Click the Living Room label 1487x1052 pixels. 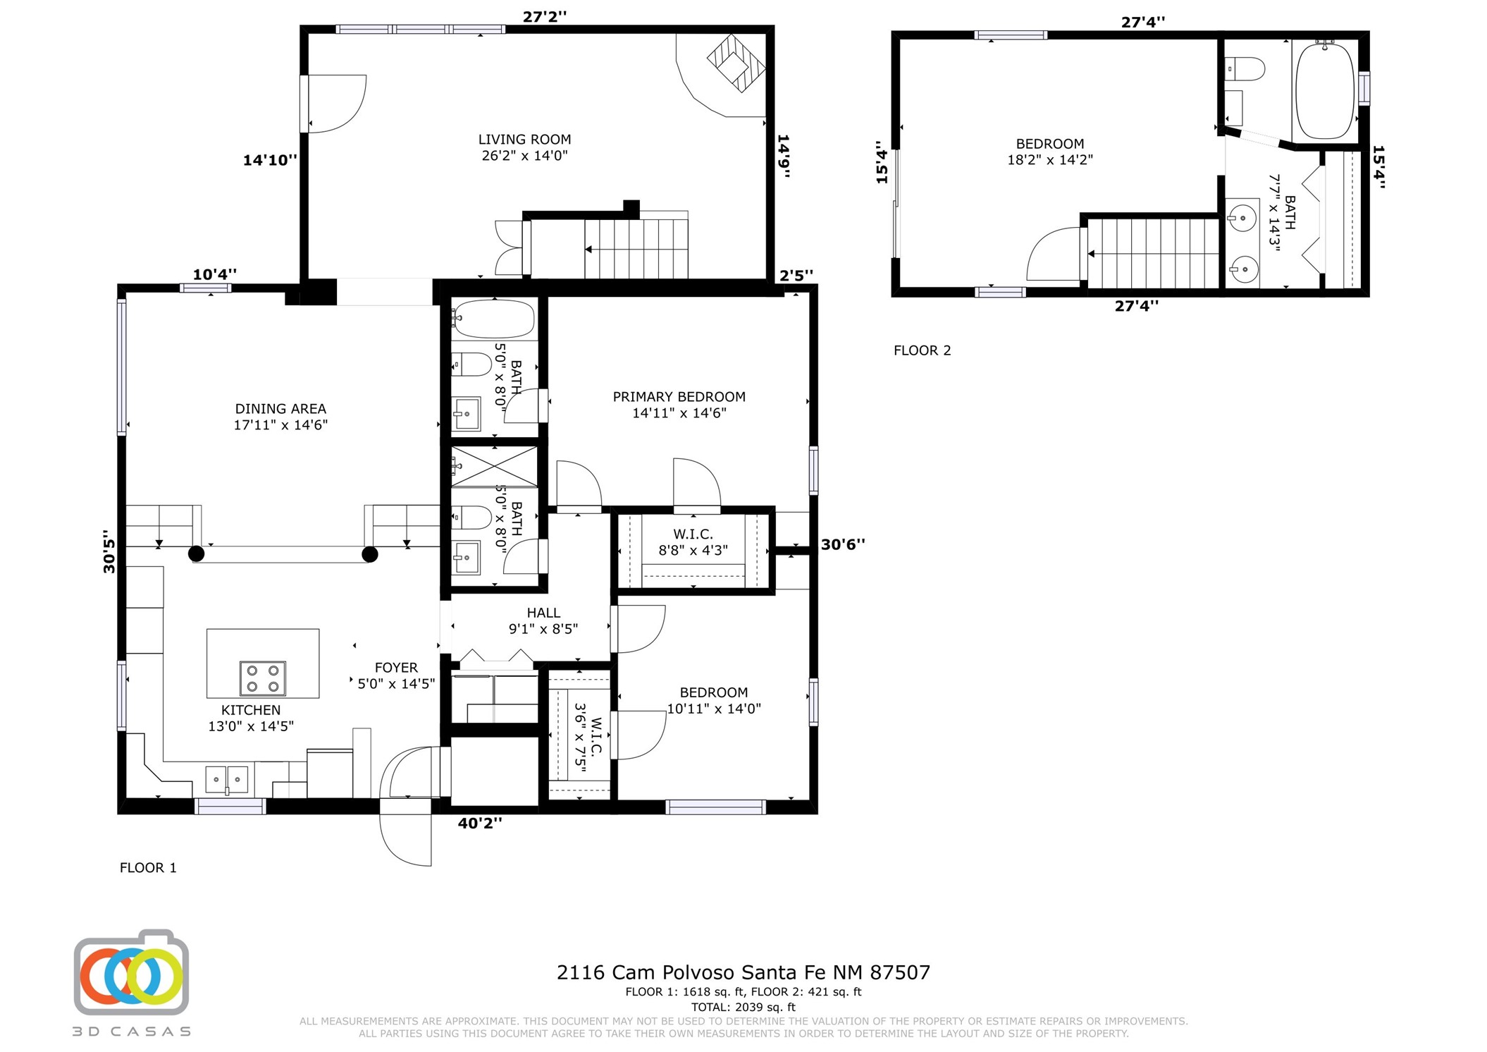(524, 147)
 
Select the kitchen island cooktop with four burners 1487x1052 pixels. (263, 678)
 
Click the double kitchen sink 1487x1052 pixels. (227, 779)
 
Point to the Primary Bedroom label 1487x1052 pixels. (679, 405)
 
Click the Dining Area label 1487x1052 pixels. (280, 417)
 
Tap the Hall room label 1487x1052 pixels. (543, 620)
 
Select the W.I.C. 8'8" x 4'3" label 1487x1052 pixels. (693, 542)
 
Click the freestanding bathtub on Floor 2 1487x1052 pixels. (1325, 90)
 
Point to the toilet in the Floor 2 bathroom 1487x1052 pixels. (1245, 69)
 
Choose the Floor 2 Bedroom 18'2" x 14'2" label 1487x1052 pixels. (1049, 152)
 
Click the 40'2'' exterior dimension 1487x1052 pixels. (480, 823)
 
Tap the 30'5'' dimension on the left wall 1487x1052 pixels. (109, 551)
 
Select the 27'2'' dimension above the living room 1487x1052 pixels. (544, 16)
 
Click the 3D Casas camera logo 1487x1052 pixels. (131, 972)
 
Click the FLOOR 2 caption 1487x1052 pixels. (922, 350)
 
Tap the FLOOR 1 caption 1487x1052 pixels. (148, 868)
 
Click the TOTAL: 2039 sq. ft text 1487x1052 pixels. (743, 1007)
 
